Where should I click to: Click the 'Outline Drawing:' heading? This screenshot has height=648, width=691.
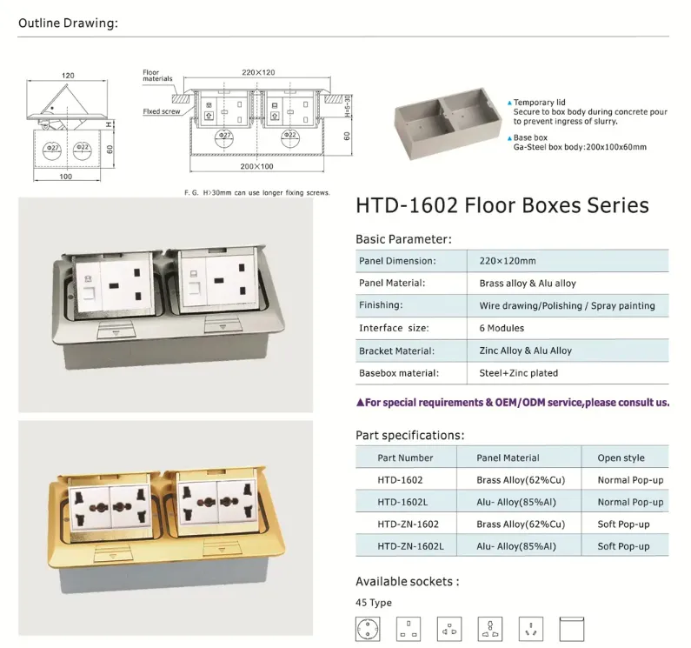click(69, 23)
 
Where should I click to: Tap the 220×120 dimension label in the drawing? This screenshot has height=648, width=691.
click(258, 72)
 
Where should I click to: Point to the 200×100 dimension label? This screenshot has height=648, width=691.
click(256, 166)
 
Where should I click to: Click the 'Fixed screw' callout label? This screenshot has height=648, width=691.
click(162, 111)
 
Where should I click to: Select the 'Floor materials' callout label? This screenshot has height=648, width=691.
click(157, 76)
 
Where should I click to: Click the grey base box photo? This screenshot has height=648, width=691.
click(448, 123)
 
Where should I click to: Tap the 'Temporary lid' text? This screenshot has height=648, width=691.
click(539, 103)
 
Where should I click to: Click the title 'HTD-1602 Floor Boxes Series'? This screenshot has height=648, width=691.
click(502, 205)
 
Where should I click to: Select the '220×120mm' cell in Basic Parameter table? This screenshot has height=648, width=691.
click(508, 261)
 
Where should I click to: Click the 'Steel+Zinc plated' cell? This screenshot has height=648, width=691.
click(519, 373)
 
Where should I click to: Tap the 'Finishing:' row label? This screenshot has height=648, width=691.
click(381, 305)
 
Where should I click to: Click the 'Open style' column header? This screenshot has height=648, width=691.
click(621, 458)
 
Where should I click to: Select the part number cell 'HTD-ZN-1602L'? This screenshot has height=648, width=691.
click(411, 546)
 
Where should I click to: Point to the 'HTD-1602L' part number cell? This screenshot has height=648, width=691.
click(402, 502)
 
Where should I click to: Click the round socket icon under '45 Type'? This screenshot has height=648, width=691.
click(368, 629)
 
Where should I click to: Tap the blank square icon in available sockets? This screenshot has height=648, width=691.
click(572, 629)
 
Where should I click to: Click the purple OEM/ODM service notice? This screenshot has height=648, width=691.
click(513, 403)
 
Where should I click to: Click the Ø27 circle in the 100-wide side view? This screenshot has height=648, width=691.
click(52, 150)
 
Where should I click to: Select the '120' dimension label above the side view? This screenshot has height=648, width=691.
click(68, 76)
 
